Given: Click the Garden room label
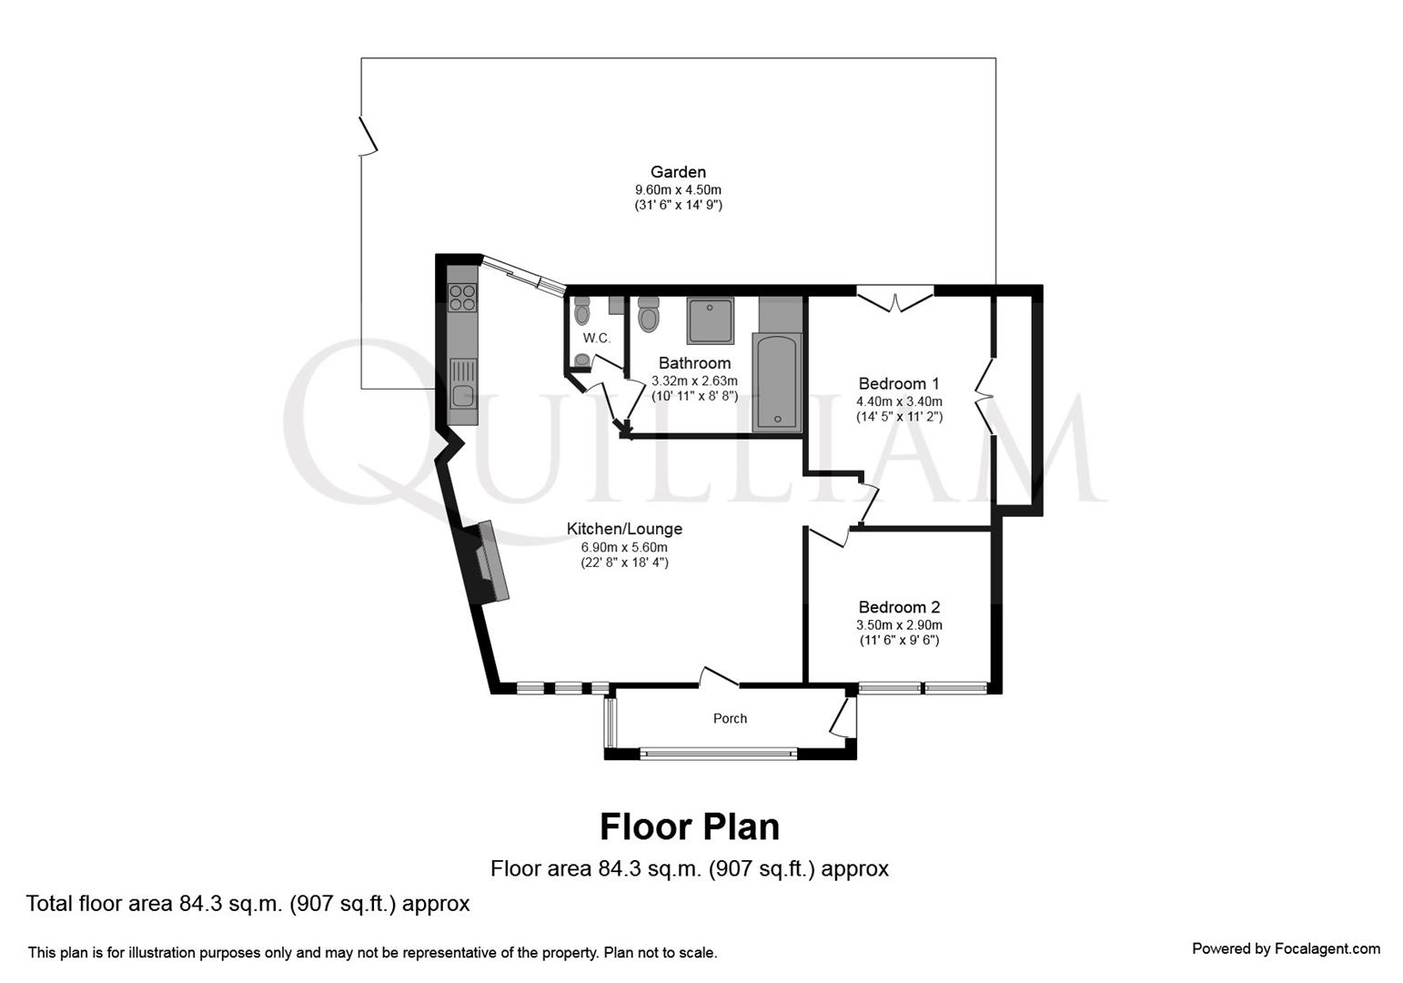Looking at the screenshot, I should pyautogui.click(x=678, y=172).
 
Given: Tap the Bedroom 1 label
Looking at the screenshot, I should pyautogui.click(x=898, y=384).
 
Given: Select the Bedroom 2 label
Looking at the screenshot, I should pyautogui.click(x=898, y=607).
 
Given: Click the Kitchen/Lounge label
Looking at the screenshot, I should pyautogui.click(x=624, y=529).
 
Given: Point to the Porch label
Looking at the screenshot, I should pyautogui.click(x=730, y=719).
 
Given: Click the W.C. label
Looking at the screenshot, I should pyautogui.click(x=596, y=338).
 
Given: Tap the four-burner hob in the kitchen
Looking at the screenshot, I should pyautogui.click(x=462, y=298).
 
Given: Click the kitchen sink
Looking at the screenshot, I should pyautogui.click(x=463, y=396).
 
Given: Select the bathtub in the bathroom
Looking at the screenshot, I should pyautogui.click(x=777, y=382).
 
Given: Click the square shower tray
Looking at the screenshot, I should pyautogui.click(x=710, y=321).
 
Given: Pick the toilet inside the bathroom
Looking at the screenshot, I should pyautogui.click(x=649, y=314).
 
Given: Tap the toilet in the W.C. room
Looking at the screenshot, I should pyautogui.click(x=582, y=311).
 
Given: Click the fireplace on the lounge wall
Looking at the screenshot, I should pyautogui.click(x=488, y=562).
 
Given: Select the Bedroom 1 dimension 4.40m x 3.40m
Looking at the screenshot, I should pyautogui.click(x=898, y=401).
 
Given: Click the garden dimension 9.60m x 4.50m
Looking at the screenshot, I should pyautogui.click(x=678, y=189).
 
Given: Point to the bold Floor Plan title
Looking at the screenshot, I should pyautogui.click(x=689, y=826).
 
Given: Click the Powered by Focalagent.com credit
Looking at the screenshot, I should pyautogui.click(x=1286, y=948).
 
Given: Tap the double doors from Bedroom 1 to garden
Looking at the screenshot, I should pyautogui.click(x=895, y=299).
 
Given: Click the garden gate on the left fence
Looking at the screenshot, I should pyautogui.click(x=368, y=135).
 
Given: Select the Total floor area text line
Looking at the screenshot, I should pyautogui.click(x=247, y=904).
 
